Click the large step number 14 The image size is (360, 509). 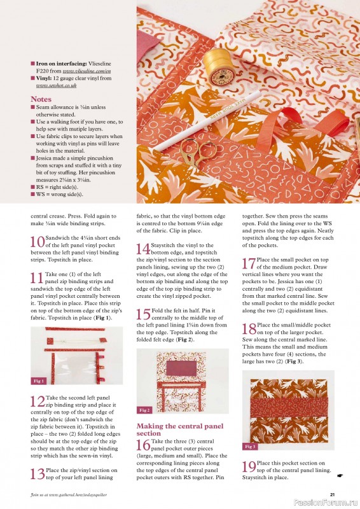(144, 249)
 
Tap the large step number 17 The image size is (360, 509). (249, 263)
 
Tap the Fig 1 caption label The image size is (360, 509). (39, 380)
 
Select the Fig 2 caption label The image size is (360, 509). (145, 410)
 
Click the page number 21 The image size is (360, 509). (332, 494)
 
